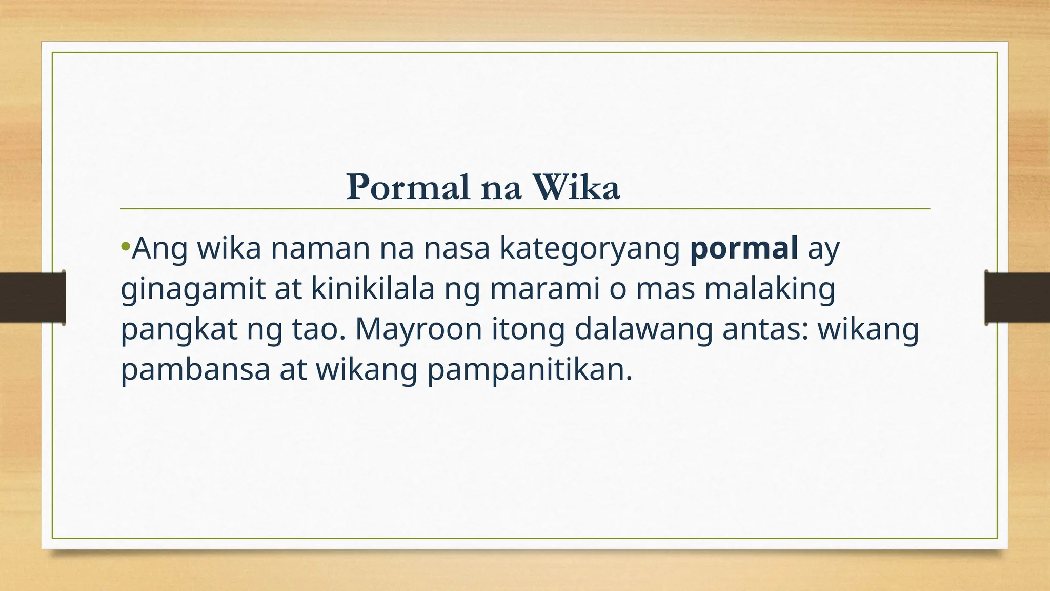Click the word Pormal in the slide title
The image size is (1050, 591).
tap(408, 187)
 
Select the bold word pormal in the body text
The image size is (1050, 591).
tap(744, 248)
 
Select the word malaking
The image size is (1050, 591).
tap(770, 290)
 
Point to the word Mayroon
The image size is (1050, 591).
tap(418, 330)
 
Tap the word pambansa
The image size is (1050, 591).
tap(195, 369)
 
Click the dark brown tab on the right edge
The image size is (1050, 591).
tap(1017, 298)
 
